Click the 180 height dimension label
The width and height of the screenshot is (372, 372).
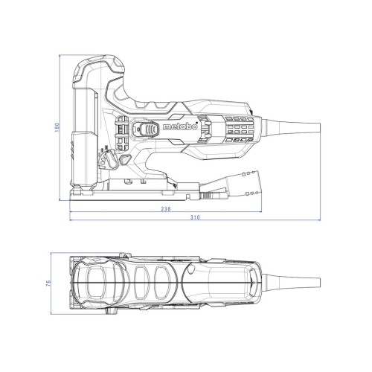click(x=57, y=127)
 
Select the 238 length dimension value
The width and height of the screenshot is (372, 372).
click(x=166, y=209)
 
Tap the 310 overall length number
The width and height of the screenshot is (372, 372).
click(x=195, y=217)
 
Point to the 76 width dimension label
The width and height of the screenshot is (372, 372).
click(x=48, y=283)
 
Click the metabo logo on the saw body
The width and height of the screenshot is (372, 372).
click(x=180, y=126)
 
